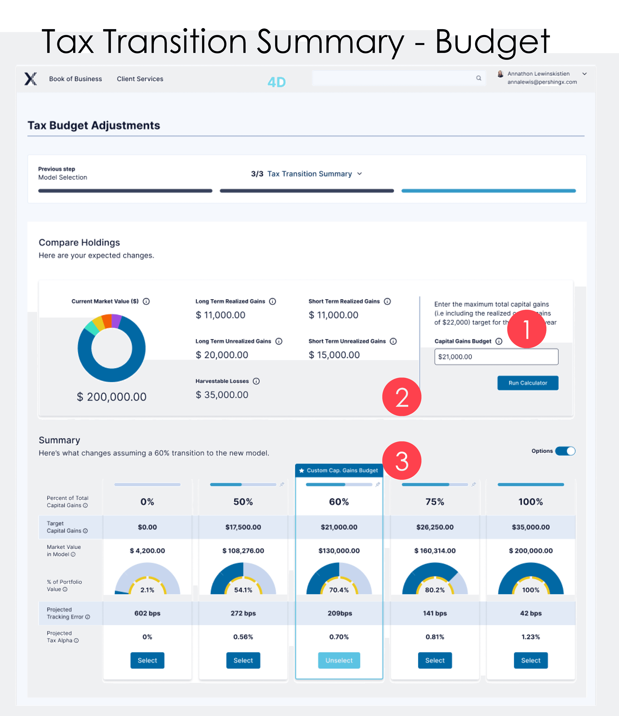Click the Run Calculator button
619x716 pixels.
[527, 383]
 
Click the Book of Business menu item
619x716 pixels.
[75, 79]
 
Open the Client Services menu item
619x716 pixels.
[140, 79]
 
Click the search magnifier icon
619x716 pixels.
[478, 78]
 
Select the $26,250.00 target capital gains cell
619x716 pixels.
[435, 527]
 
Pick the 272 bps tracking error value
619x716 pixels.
[243, 613]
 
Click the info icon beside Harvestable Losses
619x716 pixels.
[256, 381]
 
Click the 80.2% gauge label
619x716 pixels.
[435, 590]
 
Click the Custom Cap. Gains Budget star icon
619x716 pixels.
[301, 471]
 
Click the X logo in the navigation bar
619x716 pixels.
[30, 79]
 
